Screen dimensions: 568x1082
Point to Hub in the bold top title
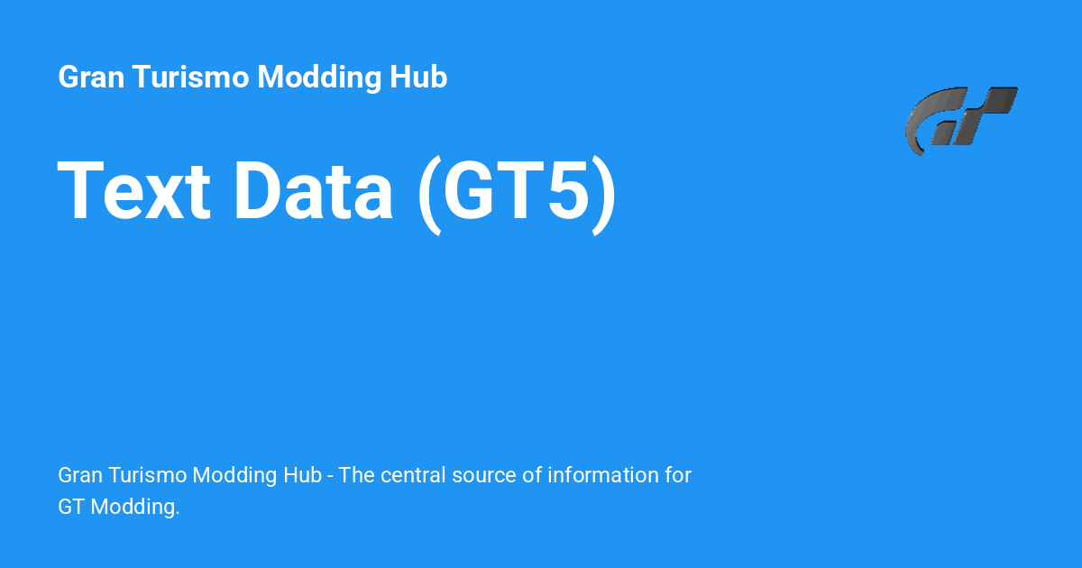[x=418, y=78]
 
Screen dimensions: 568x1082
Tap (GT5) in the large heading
[x=518, y=192]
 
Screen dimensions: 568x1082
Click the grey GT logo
[x=960, y=120]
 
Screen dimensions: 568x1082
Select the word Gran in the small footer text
[x=79, y=475]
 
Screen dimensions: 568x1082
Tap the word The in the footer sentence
[x=357, y=475]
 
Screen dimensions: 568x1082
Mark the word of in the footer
[x=532, y=475]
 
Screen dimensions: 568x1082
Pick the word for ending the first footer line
[x=678, y=475]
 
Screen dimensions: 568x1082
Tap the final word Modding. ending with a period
[x=136, y=508]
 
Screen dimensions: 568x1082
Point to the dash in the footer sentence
[x=331, y=475]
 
